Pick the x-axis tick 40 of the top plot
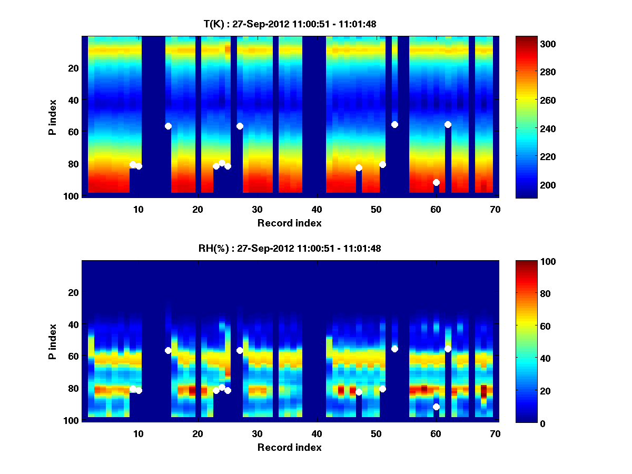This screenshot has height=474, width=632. [x=317, y=209]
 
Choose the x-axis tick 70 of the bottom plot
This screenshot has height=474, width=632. [x=495, y=433]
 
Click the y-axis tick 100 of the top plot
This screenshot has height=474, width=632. [x=73, y=196]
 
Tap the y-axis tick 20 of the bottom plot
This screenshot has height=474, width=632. [x=73, y=292]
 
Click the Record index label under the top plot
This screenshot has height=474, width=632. [x=289, y=223]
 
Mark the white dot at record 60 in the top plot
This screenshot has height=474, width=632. [x=436, y=182]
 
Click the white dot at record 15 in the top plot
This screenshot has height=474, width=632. [x=168, y=126]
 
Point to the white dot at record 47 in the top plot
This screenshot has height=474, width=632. [x=359, y=167]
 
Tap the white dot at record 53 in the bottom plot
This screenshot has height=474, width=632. [x=394, y=349]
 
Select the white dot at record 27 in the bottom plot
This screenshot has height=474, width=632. [x=240, y=350]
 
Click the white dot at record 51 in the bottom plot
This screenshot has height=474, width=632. [x=382, y=389]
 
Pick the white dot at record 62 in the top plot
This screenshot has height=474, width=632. [x=448, y=124]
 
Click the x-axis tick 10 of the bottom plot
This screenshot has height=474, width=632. [x=138, y=433]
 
